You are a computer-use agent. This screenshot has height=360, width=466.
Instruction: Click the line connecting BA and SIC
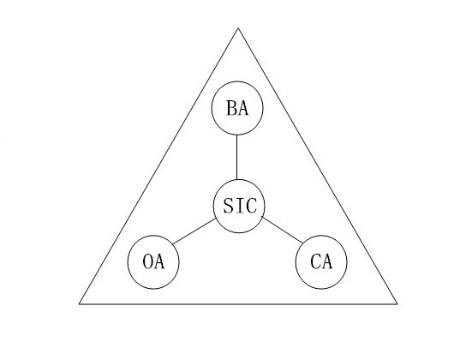coord(237,157)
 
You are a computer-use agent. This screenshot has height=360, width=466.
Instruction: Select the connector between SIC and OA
coord(194,231)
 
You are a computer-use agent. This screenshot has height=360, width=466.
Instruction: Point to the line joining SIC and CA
coord(283,231)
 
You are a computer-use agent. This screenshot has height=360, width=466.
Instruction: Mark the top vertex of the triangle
coord(238,28)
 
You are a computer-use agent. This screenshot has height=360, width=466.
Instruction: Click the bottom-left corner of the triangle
coord(79,303)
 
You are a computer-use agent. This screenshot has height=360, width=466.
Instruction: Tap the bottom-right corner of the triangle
coord(397,303)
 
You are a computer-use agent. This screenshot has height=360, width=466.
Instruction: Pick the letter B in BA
coord(231,108)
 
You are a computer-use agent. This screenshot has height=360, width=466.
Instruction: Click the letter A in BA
coord(242,108)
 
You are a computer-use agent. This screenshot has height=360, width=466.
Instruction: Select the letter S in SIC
coord(228,206)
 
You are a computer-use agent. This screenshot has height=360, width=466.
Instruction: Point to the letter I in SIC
coord(239,206)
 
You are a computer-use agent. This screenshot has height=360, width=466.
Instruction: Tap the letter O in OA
coord(148,261)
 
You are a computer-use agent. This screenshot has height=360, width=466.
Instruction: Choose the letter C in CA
coord(315,261)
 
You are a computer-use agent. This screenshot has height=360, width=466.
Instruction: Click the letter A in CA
coord(326,262)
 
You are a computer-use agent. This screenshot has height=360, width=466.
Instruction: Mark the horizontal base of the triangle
coord(238,303)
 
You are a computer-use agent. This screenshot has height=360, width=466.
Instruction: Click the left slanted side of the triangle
coord(158,166)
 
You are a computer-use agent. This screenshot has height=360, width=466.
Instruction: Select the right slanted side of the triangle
coord(318,166)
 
